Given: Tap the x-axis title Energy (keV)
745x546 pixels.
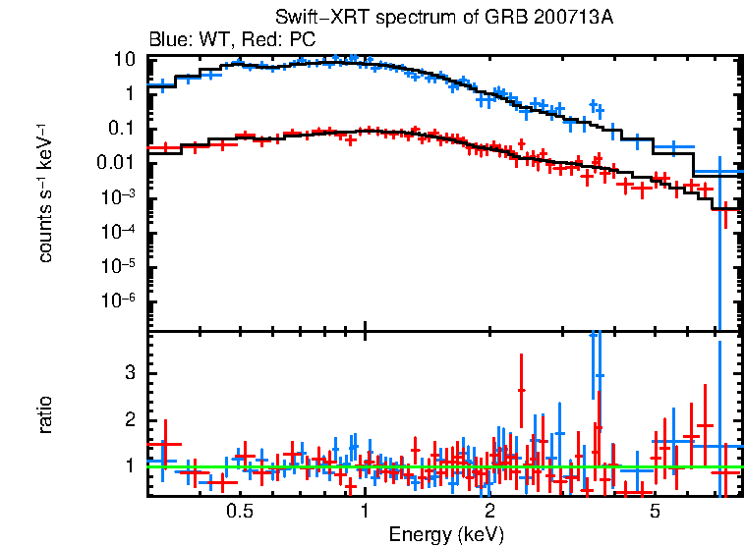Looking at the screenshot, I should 446,534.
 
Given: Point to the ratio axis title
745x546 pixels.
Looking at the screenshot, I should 46,414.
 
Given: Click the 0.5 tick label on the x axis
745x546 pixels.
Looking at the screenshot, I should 239,512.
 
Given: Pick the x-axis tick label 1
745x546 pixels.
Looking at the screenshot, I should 365,512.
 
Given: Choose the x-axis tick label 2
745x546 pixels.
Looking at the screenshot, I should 489,512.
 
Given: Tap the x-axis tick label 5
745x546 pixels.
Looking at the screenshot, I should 655,512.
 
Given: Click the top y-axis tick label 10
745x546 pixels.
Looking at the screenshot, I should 124,60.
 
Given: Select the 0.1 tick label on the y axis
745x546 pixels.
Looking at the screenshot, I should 121,129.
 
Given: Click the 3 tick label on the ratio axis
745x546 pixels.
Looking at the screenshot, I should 128,374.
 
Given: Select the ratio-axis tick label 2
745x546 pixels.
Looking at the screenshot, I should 128,420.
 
